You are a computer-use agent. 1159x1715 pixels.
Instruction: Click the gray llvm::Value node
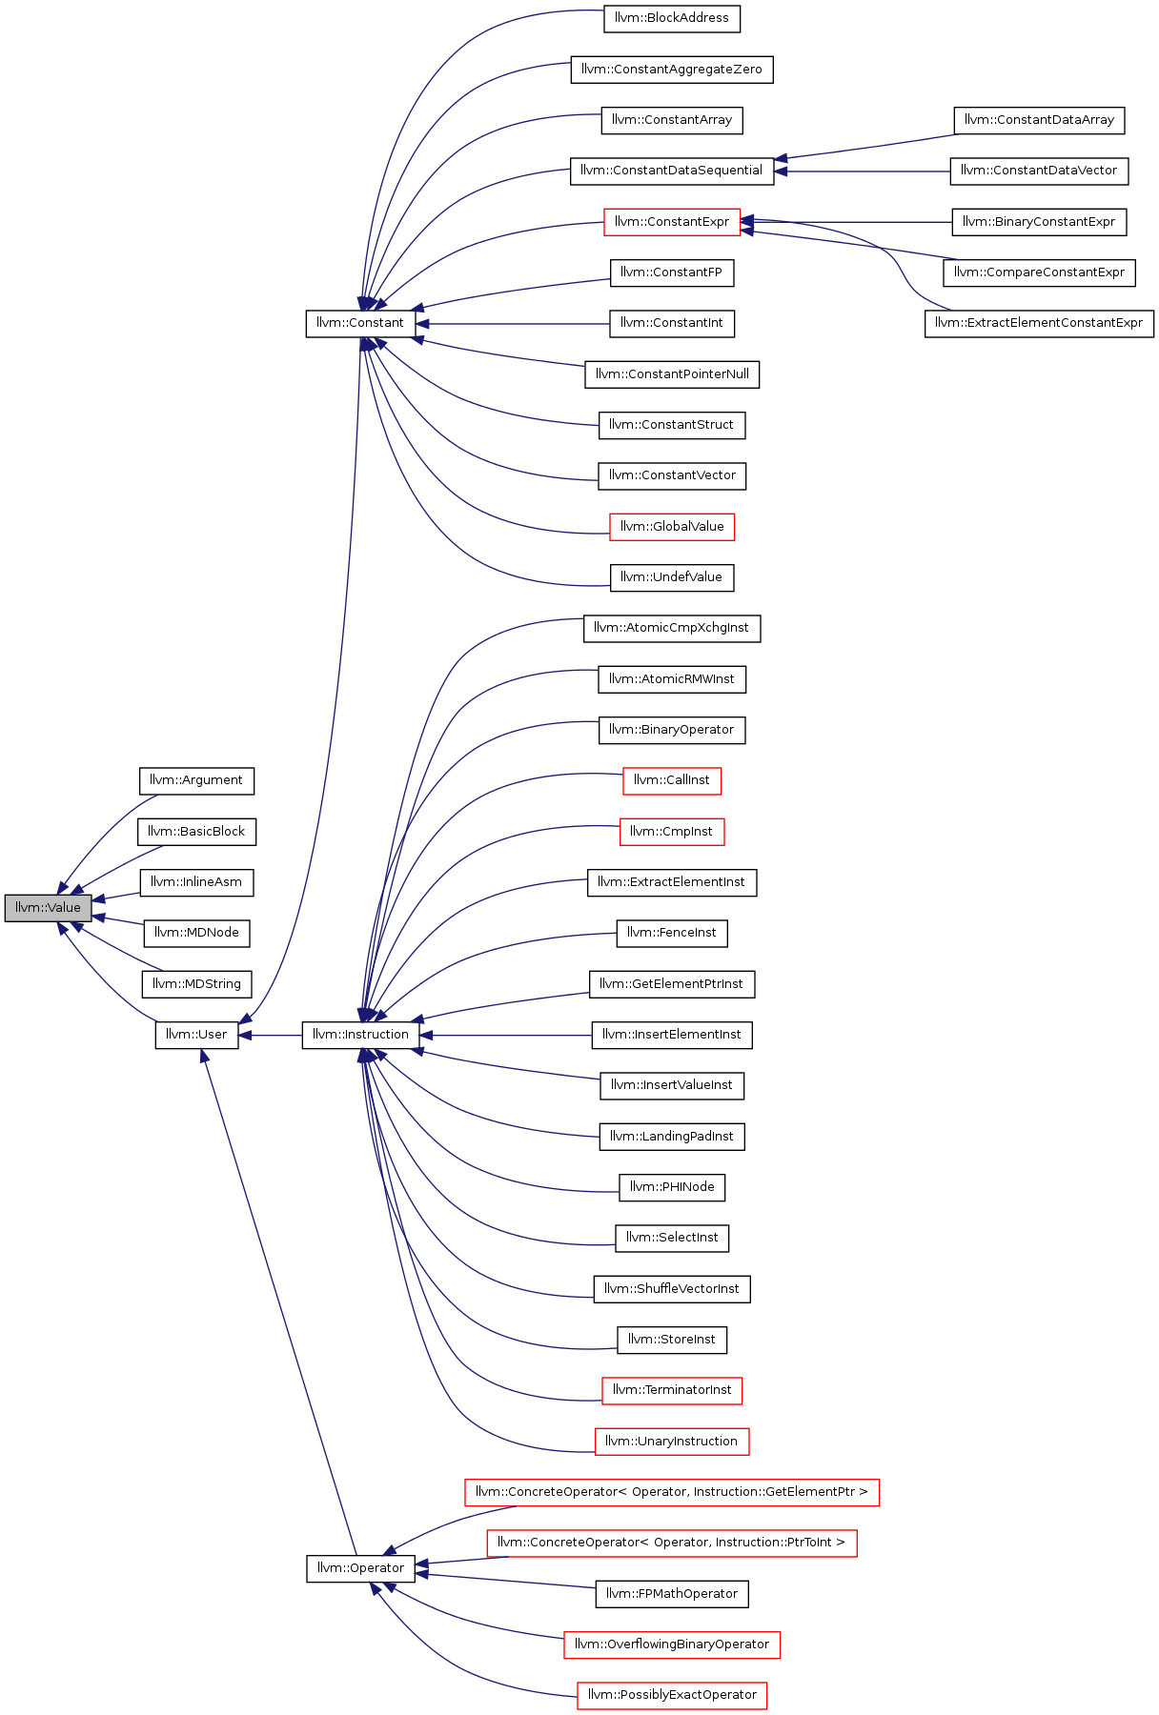[x=48, y=908]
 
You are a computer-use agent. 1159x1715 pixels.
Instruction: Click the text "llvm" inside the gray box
[x=27, y=908]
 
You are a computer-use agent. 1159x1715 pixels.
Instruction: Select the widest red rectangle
[x=672, y=1493]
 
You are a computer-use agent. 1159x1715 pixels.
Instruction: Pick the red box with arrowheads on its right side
[x=672, y=222]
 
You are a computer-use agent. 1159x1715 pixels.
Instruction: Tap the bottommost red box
[x=672, y=1696]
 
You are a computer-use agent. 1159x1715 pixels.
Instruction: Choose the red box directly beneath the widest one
[x=672, y=1543]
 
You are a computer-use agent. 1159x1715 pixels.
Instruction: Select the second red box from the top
[x=672, y=527]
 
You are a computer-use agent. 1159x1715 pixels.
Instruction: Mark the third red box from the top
[x=672, y=781]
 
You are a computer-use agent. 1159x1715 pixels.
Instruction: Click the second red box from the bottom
[x=672, y=1645]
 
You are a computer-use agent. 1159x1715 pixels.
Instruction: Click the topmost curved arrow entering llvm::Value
[x=105, y=829]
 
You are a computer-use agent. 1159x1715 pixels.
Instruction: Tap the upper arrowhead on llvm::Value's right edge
[x=98, y=898]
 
